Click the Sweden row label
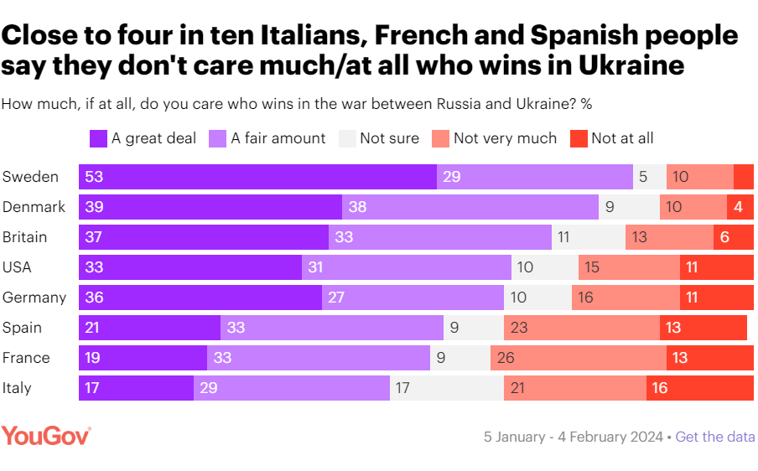click(30, 177)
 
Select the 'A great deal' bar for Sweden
click(257, 177)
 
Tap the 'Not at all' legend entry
click(612, 138)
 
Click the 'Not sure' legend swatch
click(346, 138)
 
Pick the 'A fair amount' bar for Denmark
click(470, 207)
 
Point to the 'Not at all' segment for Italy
click(699, 388)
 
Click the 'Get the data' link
click(714, 437)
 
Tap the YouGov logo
click(46, 436)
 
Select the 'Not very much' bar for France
click(579, 358)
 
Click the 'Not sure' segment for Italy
click(447, 388)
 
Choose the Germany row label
click(34, 298)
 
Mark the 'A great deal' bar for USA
click(190, 267)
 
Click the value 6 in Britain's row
click(724, 237)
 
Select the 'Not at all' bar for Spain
click(704, 328)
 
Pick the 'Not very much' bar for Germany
click(626, 298)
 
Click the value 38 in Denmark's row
click(360, 207)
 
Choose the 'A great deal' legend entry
click(143, 138)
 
